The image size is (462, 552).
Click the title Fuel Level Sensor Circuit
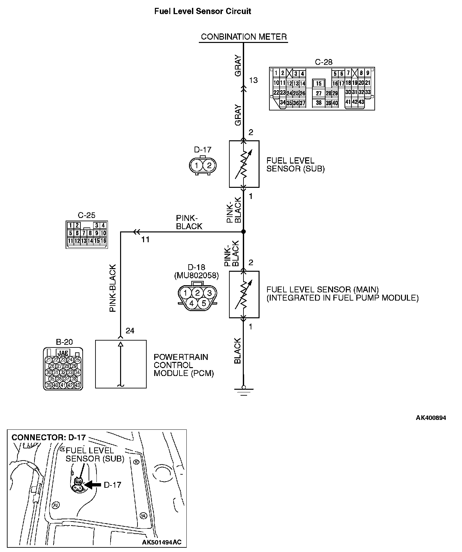tap(202, 11)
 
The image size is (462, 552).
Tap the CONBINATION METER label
tap(244, 37)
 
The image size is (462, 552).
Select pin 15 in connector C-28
tap(319, 84)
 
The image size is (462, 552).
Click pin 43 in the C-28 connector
tap(361, 102)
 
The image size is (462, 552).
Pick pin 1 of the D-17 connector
tap(197, 166)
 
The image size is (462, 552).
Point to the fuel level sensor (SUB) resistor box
tap(244, 164)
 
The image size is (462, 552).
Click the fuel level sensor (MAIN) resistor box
tap(244, 294)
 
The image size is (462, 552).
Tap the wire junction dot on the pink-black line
tap(243, 232)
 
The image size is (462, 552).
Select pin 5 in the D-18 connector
tap(203, 303)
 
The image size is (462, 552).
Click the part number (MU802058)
tap(196, 275)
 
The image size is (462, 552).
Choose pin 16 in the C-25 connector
tap(103, 241)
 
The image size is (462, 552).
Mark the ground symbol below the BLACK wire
tap(243, 390)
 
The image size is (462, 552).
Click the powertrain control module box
tap(121, 364)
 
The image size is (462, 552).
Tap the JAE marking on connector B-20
tap(63, 353)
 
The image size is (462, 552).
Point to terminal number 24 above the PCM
tap(130, 331)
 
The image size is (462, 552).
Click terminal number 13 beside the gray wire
tap(253, 80)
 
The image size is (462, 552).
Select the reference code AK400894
tap(431, 418)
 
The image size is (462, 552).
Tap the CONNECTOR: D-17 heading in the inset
tap(49, 437)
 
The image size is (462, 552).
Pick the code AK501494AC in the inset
tap(161, 542)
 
